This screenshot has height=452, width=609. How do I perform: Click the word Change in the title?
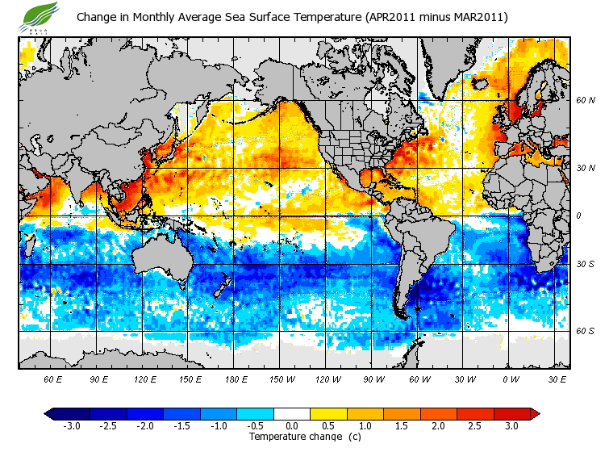(x=97, y=17)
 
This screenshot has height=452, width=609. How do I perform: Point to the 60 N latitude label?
(x=585, y=101)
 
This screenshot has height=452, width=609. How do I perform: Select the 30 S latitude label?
(x=585, y=264)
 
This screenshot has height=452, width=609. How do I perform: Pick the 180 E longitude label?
(x=236, y=379)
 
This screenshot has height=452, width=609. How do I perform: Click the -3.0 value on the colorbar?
(x=71, y=426)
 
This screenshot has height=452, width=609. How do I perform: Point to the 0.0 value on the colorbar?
(x=292, y=426)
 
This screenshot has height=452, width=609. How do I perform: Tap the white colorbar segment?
(x=292, y=414)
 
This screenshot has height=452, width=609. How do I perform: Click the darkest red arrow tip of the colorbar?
(x=535, y=414)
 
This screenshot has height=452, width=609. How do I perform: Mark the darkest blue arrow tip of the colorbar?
(x=49, y=414)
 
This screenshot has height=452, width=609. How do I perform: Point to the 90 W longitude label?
(x=373, y=379)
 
